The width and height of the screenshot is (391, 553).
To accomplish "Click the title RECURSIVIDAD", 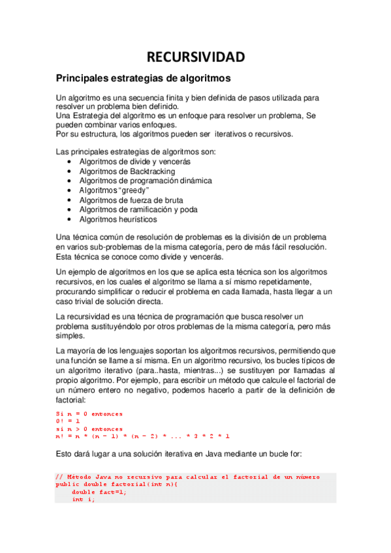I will click(195, 57).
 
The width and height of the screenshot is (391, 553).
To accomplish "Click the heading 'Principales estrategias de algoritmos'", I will click(143, 78).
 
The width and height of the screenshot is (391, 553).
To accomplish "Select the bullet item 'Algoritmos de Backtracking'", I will click(123, 170).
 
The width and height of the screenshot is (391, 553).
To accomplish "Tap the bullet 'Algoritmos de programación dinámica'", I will click(145, 180).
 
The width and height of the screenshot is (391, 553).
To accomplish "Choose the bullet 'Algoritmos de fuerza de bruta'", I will click(131, 200).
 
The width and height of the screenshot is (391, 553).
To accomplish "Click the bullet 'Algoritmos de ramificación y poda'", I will click(138, 209).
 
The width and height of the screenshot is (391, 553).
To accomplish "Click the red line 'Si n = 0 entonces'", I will click(89, 413).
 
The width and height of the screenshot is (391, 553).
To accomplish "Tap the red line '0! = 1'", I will click(69, 421).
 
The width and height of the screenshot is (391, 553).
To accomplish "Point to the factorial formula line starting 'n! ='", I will click(142, 436).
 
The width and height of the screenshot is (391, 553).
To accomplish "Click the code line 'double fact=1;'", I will click(99, 492).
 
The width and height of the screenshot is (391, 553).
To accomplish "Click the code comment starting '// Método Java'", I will click(187, 477).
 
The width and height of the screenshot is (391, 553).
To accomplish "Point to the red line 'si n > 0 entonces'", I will click(89, 428).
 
